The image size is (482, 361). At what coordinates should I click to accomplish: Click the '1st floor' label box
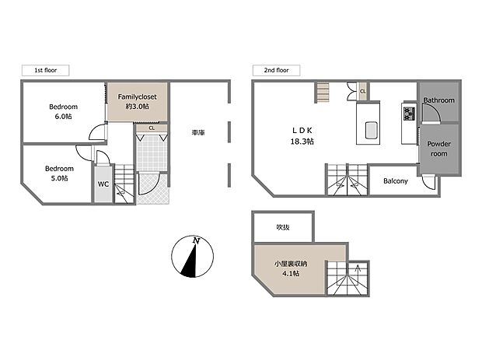click(46, 70)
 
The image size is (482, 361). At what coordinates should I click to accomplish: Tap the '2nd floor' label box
click(276, 70)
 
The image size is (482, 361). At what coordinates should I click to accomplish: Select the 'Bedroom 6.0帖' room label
click(63, 111)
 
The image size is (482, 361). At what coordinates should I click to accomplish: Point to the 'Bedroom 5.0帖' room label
click(59, 173)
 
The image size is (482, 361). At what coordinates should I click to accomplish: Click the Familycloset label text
click(138, 96)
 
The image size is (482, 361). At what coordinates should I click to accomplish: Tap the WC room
click(103, 184)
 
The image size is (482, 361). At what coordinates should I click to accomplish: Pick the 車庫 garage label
click(198, 132)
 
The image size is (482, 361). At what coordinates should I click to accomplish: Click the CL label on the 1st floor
click(152, 128)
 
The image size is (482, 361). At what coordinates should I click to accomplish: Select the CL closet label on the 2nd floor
click(363, 91)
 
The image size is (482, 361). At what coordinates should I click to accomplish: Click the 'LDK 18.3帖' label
click(302, 136)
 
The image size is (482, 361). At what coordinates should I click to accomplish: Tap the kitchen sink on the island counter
click(372, 130)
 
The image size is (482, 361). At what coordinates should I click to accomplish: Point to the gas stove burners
click(409, 114)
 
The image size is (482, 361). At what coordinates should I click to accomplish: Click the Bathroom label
click(438, 100)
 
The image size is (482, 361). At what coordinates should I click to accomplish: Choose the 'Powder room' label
click(439, 149)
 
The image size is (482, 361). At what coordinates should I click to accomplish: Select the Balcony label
click(396, 181)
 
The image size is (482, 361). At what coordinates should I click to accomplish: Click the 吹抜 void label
click(283, 227)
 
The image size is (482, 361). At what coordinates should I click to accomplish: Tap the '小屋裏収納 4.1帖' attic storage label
click(291, 268)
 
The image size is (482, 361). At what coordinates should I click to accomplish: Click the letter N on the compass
click(197, 240)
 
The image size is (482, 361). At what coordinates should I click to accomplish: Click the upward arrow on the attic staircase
click(358, 268)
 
